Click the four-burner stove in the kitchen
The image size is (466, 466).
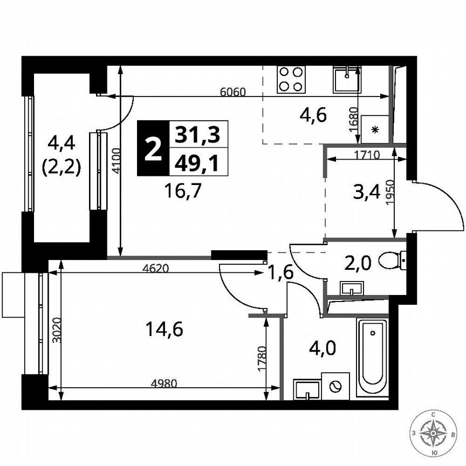pos(291,79)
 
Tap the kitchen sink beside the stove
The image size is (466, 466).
pos(346,80)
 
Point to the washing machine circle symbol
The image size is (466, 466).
pos(335,386)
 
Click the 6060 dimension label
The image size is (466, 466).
pos(233,92)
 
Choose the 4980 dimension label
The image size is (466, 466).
pos(163,383)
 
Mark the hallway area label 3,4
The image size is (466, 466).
pos(365,191)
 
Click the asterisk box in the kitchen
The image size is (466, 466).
pos(374,129)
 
